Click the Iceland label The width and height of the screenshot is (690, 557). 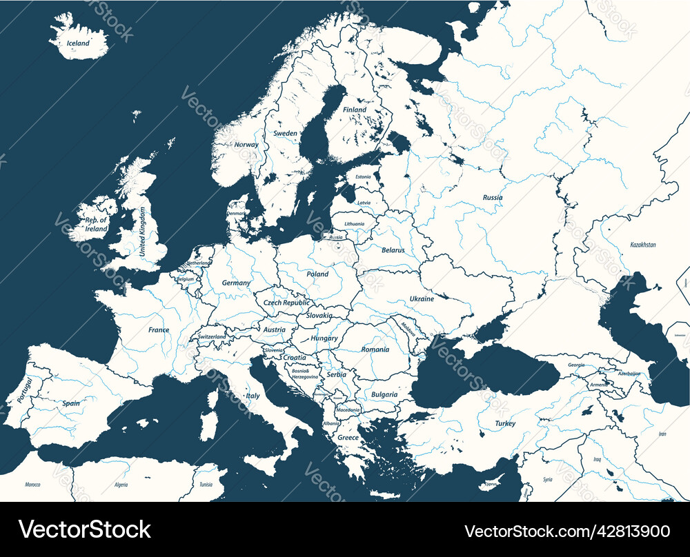coord(78,43)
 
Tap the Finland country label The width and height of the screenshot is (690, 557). coord(355,110)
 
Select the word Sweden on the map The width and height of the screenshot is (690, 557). coord(285,133)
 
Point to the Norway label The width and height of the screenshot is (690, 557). coord(246,145)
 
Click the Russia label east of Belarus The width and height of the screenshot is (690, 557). coord(493,198)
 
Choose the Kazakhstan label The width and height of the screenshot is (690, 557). coord(643,245)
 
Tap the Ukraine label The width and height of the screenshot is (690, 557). coord(422,299)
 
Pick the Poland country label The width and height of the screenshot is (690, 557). coord(317,274)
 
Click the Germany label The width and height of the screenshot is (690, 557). coord(236,283)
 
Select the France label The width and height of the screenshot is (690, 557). coord(159,330)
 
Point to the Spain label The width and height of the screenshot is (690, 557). coord(70,403)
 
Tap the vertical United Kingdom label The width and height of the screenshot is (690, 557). coord(143,232)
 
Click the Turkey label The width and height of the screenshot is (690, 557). coord(505,424)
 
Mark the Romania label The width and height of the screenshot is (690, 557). coord(375,350)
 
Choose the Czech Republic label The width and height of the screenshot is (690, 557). coord(286,303)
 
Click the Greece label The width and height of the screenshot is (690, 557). coord(348,438)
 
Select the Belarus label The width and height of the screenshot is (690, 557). coord(393,250)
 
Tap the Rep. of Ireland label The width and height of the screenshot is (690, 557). coord(97,224)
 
